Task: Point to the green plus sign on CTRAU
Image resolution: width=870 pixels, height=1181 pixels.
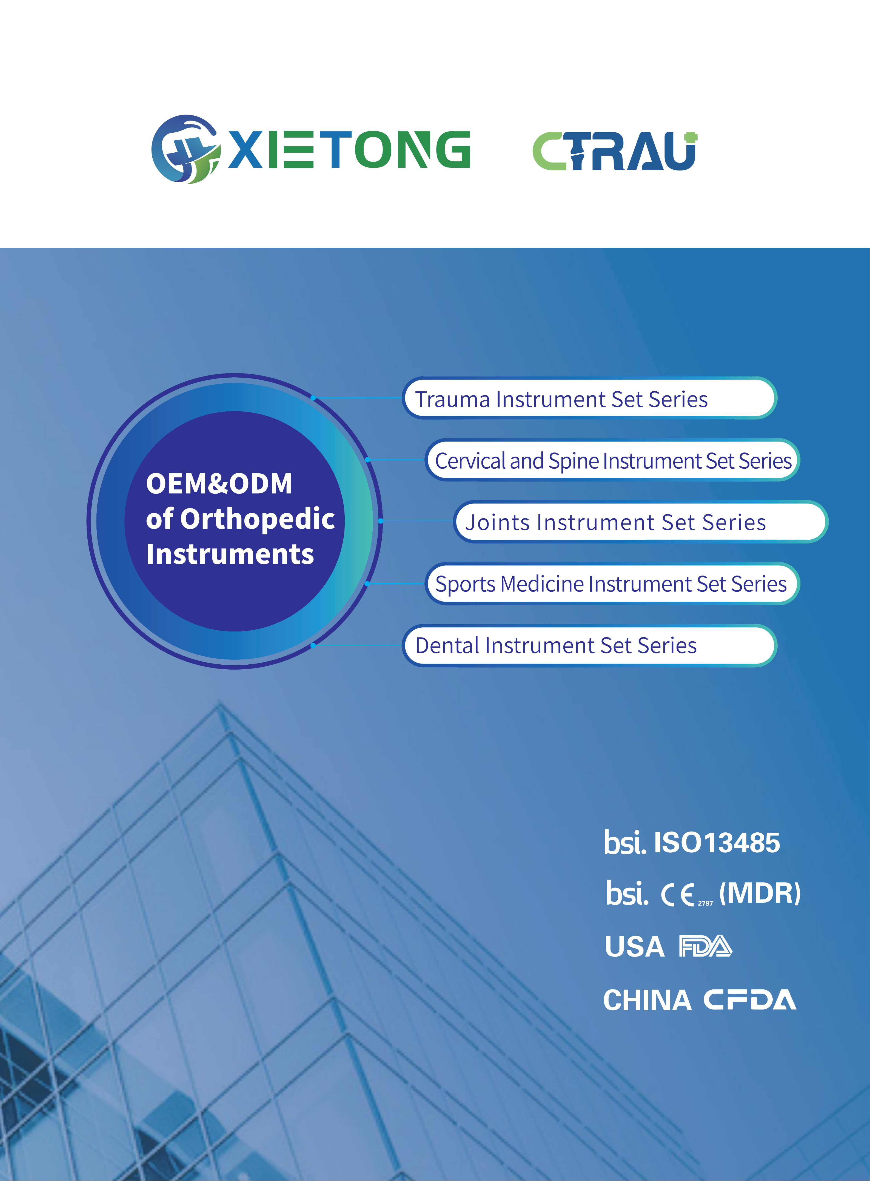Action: pyautogui.click(x=691, y=138)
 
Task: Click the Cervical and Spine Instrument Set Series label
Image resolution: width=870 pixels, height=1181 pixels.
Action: pyautogui.click(x=612, y=460)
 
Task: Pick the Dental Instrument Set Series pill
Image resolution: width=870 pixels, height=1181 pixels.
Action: pyautogui.click(x=589, y=645)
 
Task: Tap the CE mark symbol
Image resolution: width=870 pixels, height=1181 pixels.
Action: pyautogui.click(x=678, y=894)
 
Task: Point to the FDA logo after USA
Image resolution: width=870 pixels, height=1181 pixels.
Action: pyautogui.click(x=705, y=947)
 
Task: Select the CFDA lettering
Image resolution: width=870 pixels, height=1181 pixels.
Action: pyautogui.click(x=749, y=1000)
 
